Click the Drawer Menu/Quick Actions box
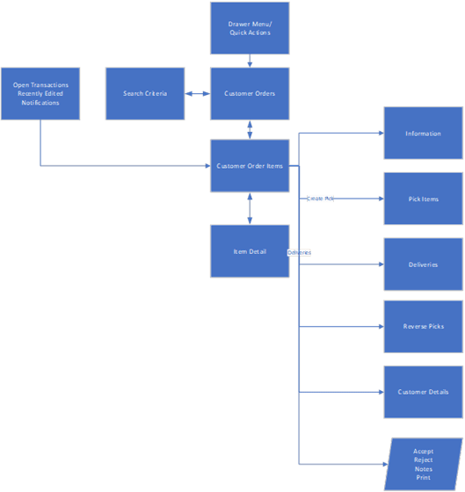point(250,28)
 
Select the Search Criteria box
point(145,93)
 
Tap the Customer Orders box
point(250,93)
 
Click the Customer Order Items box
point(250,165)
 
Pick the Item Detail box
point(250,251)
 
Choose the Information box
point(423,134)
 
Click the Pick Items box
point(423,199)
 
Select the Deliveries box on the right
point(423,264)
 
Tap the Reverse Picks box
point(423,326)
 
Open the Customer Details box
point(423,392)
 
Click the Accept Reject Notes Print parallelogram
point(424,464)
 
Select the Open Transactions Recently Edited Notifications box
point(40,93)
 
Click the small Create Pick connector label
point(320,199)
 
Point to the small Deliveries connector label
point(299,252)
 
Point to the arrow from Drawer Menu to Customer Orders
point(250,61)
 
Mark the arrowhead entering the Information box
point(380,134)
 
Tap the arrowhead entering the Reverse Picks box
point(380,326)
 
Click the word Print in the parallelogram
point(424,478)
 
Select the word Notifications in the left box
point(40,103)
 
